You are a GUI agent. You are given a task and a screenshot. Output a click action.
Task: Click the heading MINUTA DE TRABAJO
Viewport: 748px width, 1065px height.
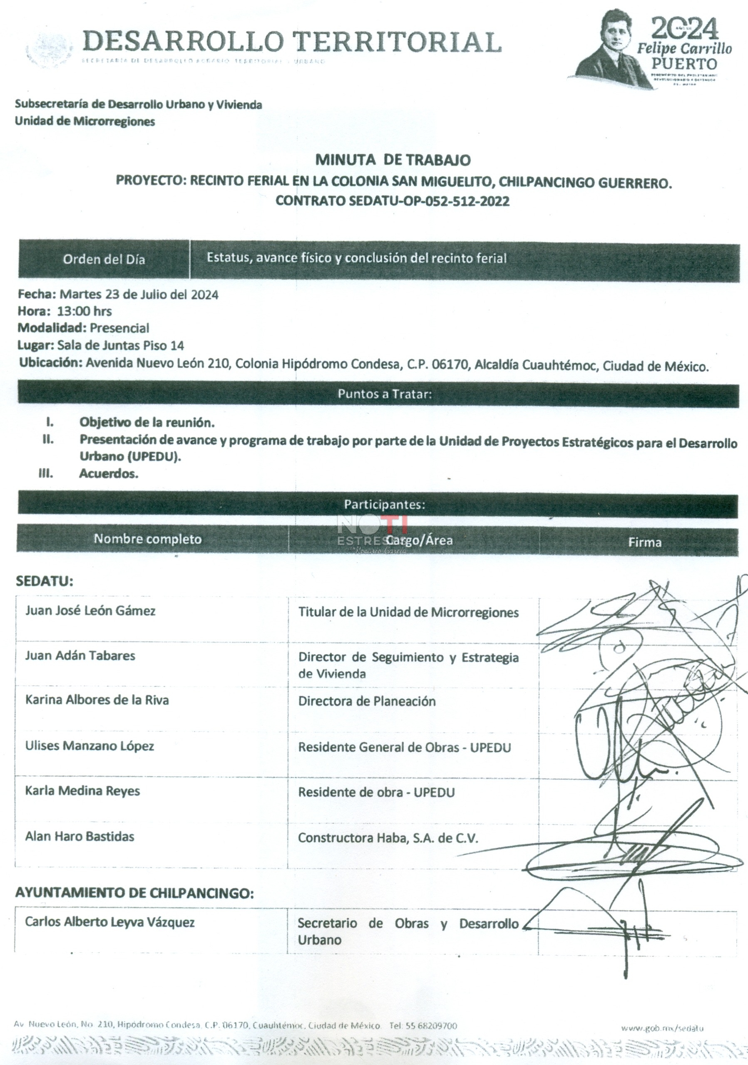point(393,160)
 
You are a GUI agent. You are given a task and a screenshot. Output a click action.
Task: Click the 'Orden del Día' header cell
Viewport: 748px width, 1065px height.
point(104,259)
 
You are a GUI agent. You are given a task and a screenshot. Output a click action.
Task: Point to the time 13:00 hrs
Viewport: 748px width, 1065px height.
point(84,311)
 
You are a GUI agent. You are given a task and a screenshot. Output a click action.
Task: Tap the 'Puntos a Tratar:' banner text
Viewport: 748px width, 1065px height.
point(385,394)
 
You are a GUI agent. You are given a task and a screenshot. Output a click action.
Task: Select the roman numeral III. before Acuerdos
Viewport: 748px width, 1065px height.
point(45,473)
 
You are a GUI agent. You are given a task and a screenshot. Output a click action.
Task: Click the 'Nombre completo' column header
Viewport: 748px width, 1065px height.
point(147,539)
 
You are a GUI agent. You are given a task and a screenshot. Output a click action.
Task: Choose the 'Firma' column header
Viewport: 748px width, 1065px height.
point(644,542)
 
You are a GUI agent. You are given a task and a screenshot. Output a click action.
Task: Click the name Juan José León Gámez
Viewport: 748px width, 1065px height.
point(90,611)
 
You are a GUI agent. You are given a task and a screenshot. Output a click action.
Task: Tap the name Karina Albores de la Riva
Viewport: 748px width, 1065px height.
point(97,700)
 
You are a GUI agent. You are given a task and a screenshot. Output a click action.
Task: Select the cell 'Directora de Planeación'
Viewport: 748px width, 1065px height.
point(367,701)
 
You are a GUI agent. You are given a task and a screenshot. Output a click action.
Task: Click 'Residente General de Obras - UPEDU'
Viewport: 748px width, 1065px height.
point(404,748)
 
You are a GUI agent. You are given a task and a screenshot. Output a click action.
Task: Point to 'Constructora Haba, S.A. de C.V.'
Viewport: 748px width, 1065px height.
point(388,838)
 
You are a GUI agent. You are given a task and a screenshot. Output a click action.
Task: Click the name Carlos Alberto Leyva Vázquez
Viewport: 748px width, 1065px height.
point(110,922)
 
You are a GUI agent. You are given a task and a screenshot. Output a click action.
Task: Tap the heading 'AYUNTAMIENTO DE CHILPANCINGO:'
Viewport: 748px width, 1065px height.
point(134,893)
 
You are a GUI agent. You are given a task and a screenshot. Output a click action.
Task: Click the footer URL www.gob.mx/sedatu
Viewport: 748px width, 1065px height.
point(662,1028)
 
